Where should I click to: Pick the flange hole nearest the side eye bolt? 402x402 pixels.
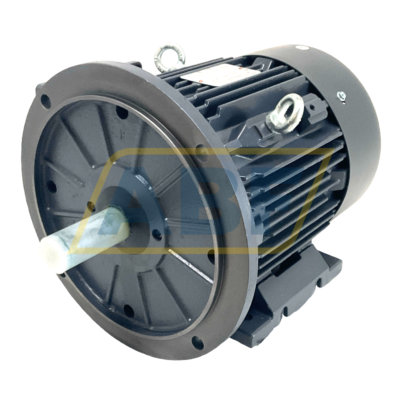coord(200,149)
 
